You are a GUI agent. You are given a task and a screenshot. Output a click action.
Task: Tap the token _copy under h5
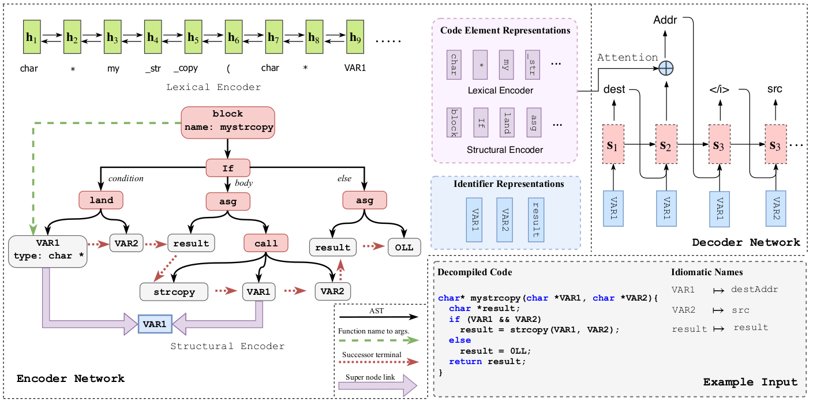click(x=186, y=68)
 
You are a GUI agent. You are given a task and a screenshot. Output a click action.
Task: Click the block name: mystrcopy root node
click(x=228, y=122)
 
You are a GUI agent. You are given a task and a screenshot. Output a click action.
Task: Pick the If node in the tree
click(x=227, y=168)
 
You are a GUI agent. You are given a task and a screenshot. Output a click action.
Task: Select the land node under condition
click(x=102, y=200)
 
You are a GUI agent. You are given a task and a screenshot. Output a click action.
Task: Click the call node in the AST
click(x=265, y=243)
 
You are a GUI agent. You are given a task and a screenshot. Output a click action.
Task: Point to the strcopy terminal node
click(x=174, y=292)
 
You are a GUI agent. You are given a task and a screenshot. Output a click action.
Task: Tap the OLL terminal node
click(x=404, y=247)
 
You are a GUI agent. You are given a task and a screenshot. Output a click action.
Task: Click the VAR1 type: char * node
click(x=47, y=251)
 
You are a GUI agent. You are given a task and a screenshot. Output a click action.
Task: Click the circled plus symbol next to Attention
click(x=666, y=68)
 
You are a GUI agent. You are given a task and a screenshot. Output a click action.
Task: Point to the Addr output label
click(x=665, y=20)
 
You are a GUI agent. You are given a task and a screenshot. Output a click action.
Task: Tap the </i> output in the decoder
click(x=719, y=89)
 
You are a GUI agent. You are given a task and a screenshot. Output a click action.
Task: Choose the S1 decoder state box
click(x=613, y=145)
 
